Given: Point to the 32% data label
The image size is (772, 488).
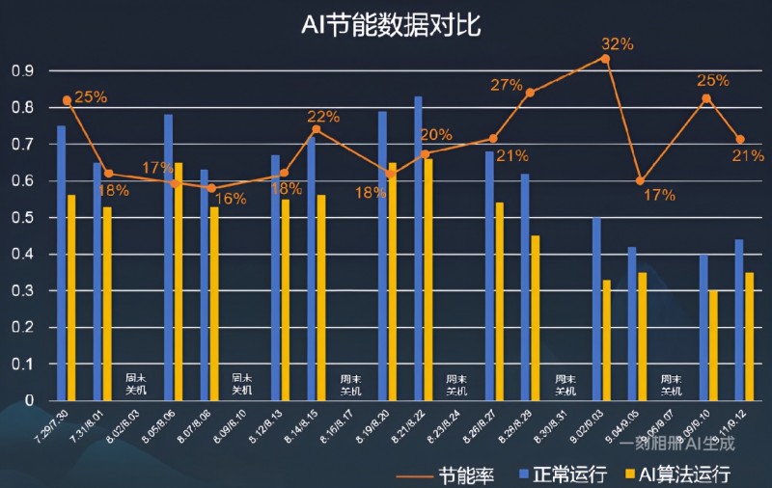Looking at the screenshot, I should [x=617, y=43].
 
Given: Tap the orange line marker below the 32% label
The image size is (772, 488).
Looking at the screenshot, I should [x=606, y=59].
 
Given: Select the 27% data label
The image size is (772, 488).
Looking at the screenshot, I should [x=506, y=85].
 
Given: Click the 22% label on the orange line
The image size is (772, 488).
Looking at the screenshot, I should [x=323, y=117].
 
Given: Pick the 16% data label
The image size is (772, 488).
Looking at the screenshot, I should [x=230, y=200].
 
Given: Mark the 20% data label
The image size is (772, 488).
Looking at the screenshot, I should [x=436, y=134].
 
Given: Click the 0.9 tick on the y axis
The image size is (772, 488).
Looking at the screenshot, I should [x=22, y=70].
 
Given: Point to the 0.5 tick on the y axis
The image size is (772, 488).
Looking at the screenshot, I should [x=22, y=218].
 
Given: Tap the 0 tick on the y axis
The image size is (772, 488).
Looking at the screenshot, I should [x=30, y=400].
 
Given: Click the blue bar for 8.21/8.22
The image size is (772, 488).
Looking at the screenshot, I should [x=418, y=248].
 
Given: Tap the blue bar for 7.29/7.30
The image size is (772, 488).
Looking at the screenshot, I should [x=62, y=262].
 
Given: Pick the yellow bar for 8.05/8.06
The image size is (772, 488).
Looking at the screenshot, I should [x=179, y=281].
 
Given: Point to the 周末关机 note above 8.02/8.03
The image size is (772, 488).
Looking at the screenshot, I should [x=135, y=384].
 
